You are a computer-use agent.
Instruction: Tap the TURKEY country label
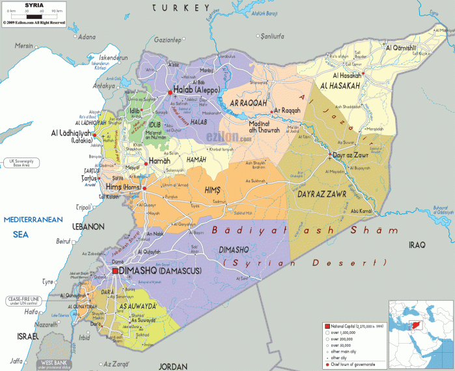click(x=180, y=8)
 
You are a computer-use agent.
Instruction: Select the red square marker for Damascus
click(x=115, y=271)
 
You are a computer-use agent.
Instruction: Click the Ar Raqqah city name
click(x=287, y=111)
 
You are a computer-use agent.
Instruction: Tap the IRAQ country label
click(x=417, y=245)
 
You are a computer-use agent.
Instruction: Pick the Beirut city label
click(x=63, y=241)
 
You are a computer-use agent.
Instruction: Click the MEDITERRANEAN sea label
click(x=32, y=219)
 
